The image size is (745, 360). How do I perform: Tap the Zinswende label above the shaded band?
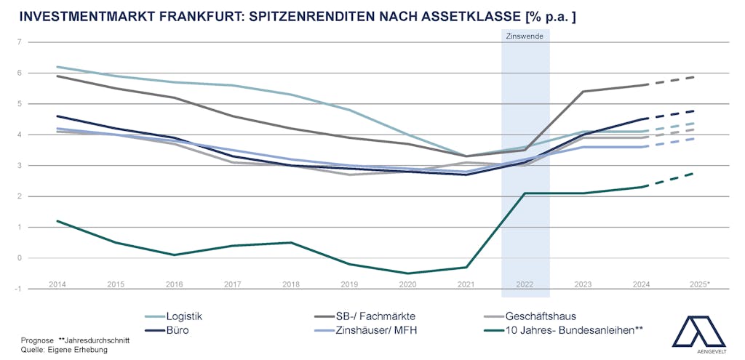point(525,36)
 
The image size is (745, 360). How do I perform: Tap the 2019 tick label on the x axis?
point(349,284)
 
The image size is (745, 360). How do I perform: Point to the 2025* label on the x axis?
point(700,284)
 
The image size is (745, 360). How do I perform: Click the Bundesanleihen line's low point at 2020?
point(408,273)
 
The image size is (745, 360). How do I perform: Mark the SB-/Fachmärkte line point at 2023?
point(583,92)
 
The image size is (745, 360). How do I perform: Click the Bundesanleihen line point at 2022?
point(525,193)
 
